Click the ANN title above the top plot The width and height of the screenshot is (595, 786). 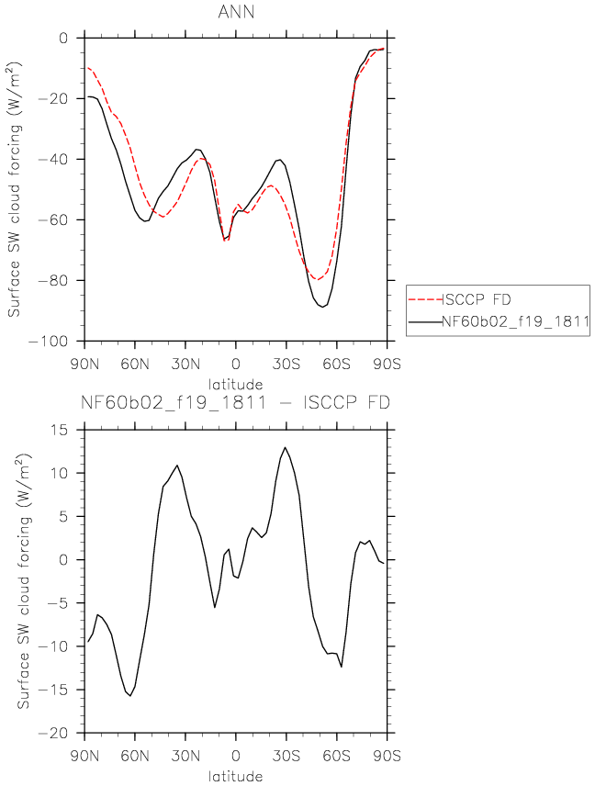coord(236,12)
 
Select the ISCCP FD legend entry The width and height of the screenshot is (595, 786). coord(476,299)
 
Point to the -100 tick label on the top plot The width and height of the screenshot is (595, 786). coord(49,342)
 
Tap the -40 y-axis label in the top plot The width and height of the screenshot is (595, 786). coord(53,160)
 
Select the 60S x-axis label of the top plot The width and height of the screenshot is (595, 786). coord(336,364)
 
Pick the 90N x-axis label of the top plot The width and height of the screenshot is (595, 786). coord(84,364)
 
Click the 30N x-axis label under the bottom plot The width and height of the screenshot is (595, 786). coord(185,756)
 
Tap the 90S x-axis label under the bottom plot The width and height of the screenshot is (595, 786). coord(387,756)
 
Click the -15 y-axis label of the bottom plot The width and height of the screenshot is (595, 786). coord(53,691)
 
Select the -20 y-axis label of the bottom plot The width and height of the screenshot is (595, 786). coord(53,734)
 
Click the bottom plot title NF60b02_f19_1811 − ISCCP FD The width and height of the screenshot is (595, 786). coord(236,402)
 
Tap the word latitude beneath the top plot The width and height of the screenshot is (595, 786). coord(236,385)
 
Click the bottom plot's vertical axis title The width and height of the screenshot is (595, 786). coord(24,581)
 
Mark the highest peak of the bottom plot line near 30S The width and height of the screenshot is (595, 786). coord(286,447)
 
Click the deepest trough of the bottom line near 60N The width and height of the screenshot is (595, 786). coord(130,696)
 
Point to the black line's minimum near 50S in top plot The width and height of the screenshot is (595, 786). coord(322,307)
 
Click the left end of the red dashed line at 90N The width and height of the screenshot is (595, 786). coord(87,68)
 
